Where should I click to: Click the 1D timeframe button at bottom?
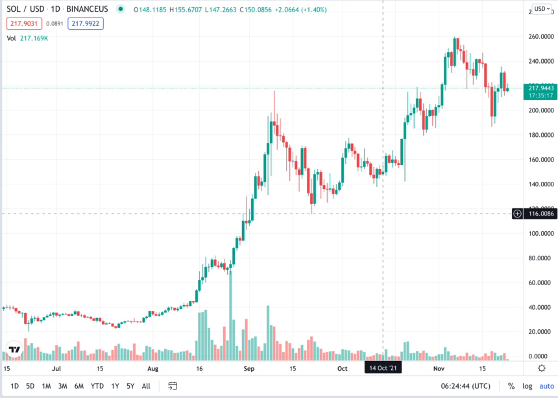[x=15, y=386]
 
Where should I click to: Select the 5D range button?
[x=30, y=386]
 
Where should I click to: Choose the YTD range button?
[x=97, y=386]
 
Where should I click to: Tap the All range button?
[x=146, y=386]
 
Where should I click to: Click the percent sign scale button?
[x=511, y=386]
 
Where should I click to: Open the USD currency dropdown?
[x=541, y=9]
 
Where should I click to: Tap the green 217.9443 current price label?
[x=540, y=88]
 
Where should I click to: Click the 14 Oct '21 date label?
[x=383, y=367]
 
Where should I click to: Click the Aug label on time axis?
[x=152, y=368]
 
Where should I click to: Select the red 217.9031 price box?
[x=23, y=23]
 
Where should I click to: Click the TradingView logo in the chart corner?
[x=15, y=349]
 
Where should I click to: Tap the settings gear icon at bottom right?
[x=542, y=368]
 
